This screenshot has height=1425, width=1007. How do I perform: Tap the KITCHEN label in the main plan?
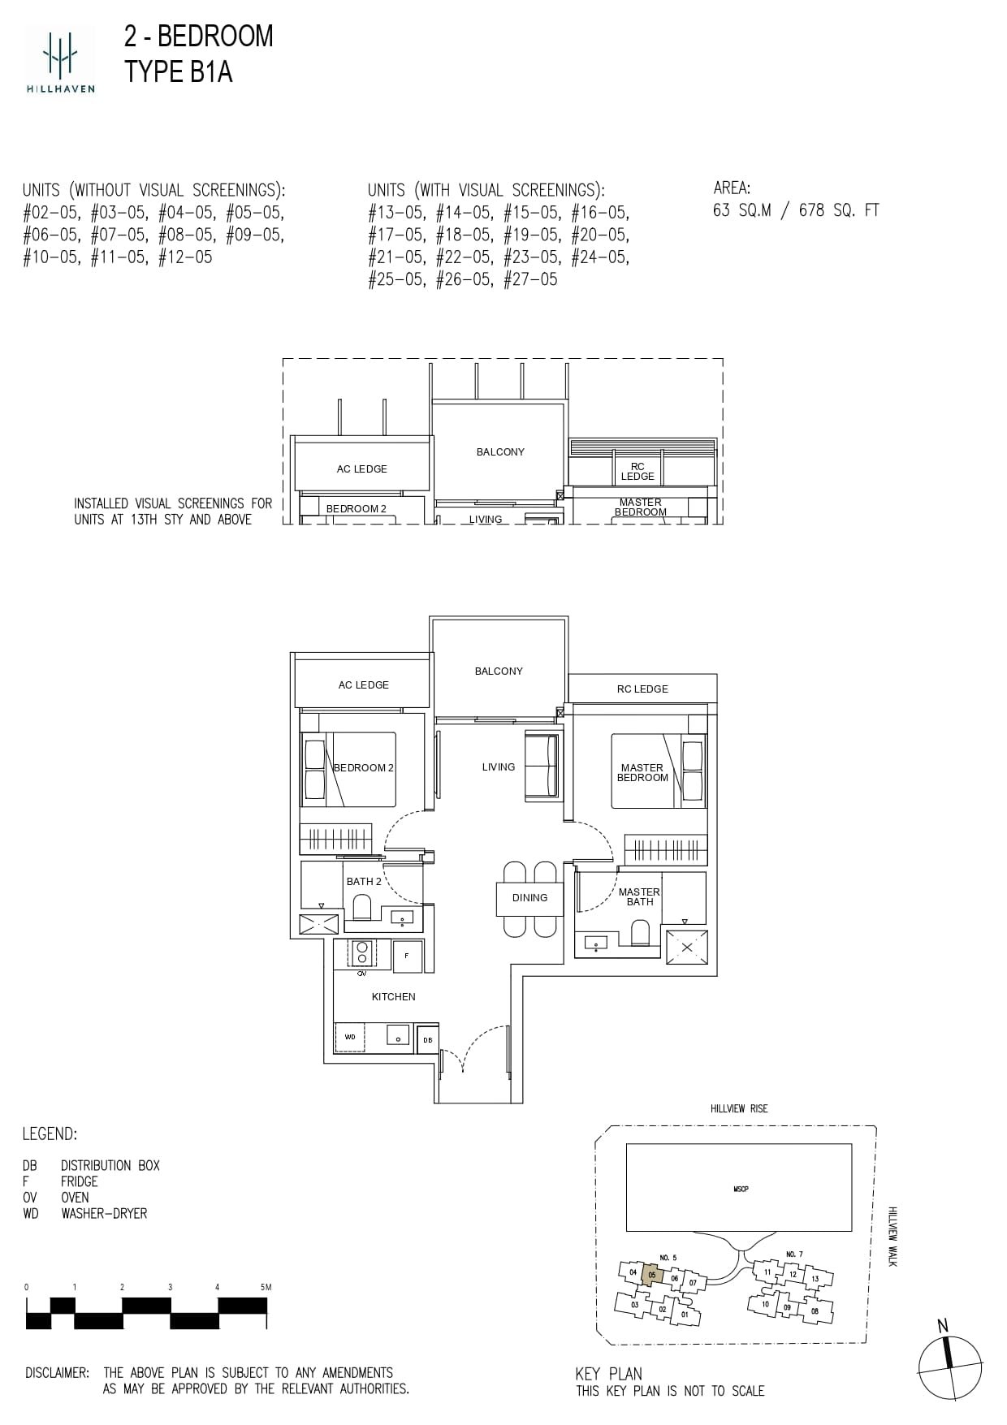click(x=393, y=996)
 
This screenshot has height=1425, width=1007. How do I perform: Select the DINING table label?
click(x=529, y=898)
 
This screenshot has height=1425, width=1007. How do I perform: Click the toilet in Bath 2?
click(x=361, y=906)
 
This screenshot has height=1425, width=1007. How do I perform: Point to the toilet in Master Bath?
click(x=641, y=933)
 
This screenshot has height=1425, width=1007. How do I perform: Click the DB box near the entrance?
click(x=427, y=1040)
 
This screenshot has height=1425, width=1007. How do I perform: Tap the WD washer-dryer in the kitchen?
click(x=350, y=1037)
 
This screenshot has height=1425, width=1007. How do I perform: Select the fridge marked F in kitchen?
click(x=407, y=956)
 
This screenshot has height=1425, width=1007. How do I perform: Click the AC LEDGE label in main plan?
click(x=363, y=684)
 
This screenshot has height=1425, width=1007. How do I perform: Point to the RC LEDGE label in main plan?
click(x=642, y=689)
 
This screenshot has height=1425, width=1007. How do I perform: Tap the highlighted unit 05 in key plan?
click(x=651, y=1275)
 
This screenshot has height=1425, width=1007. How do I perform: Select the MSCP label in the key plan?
click(x=740, y=1189)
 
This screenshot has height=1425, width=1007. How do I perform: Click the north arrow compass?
click(x=949, y=1367)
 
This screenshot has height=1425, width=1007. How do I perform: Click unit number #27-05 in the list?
click(x=530, y=279)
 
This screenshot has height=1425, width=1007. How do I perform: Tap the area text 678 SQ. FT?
click(x=838, y=210)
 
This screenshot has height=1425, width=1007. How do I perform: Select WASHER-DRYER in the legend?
click(x=104, y=1213)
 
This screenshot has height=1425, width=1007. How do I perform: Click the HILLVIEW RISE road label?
click(x=738, y=1108)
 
